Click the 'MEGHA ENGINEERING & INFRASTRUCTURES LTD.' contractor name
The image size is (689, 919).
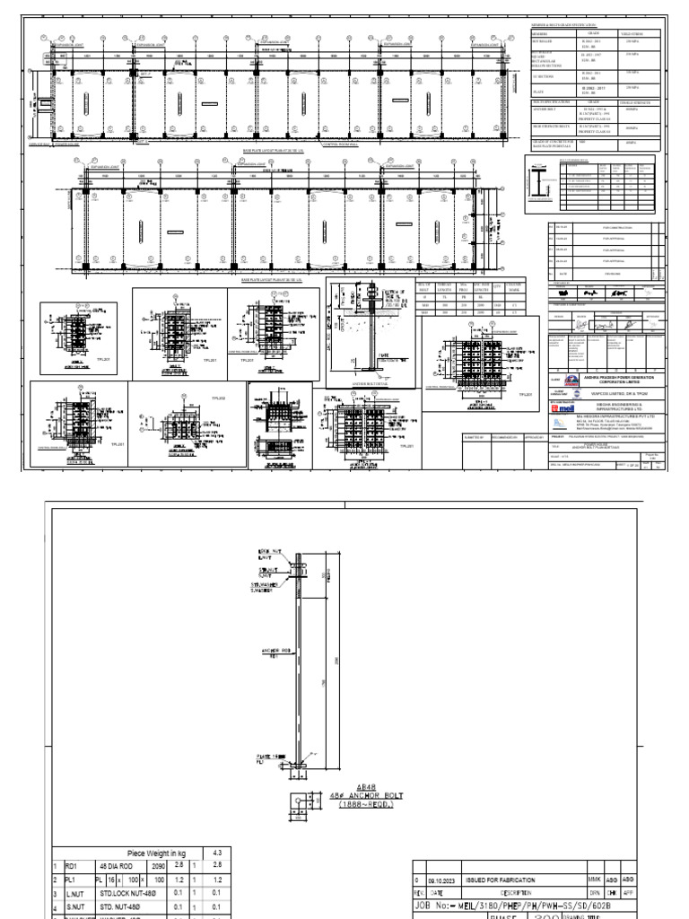[619, 406]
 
